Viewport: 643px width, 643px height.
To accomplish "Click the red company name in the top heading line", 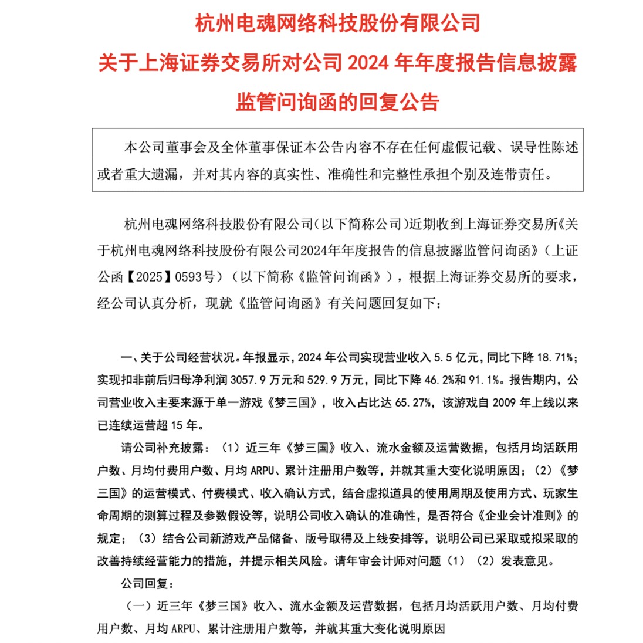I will coord(337,24).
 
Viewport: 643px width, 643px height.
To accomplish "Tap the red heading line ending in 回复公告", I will coord(337,101).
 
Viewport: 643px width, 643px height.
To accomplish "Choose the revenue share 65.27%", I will coord(412,402).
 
